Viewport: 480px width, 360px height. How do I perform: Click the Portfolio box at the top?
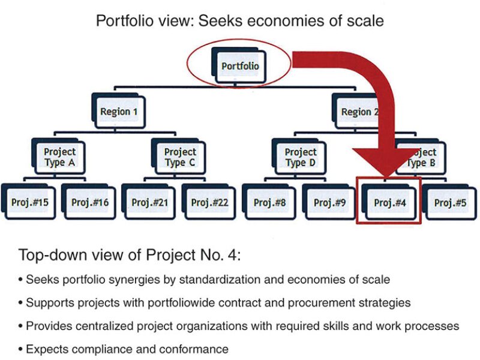coord(240,65)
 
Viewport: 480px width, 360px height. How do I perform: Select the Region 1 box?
coord(119,112)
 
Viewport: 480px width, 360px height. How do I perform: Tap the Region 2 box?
coord(359,112)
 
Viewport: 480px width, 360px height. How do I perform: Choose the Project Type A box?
coord(59,157)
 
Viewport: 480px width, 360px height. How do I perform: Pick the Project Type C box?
coord(179,157)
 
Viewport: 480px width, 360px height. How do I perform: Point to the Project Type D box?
coord(300,157)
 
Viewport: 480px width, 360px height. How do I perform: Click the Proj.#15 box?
coord(29,202)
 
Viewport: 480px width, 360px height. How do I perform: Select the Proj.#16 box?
coord(89,202)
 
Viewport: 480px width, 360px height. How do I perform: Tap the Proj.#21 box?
coord(149,202)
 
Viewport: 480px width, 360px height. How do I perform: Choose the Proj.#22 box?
coord(209,202)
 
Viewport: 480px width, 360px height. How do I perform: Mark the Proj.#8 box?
coord(270,202)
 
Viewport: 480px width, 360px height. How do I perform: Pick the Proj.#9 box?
coord(330,202)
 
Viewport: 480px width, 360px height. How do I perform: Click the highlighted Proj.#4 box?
coord(390,202)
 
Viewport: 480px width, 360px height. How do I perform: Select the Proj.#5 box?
coord(450,202)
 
